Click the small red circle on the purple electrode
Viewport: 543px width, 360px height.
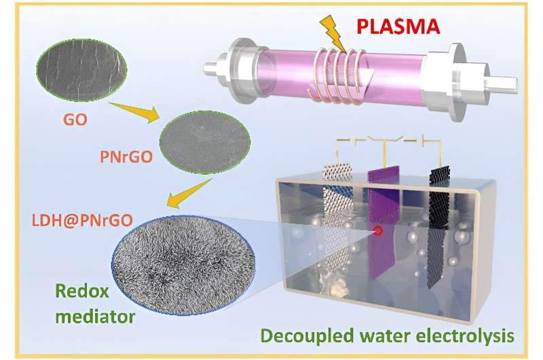coord(377,232)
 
